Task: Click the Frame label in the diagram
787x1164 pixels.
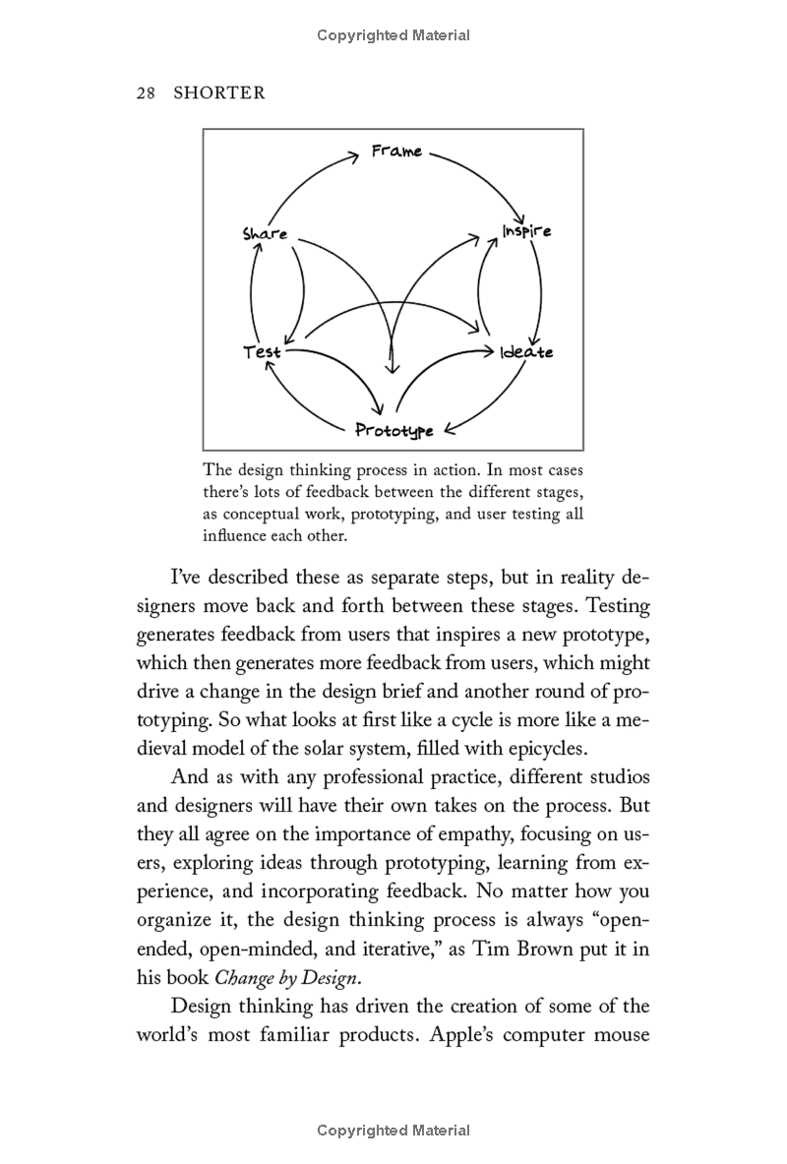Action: pos(396,152)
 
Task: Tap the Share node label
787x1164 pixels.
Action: pos(265,234)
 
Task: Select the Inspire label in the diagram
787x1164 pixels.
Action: pos(526,231)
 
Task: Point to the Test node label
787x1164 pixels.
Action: pos(262,351)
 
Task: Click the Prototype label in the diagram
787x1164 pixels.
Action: pos(394,430)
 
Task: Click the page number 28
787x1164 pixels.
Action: pos(147,93)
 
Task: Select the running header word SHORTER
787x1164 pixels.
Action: pos(219,93)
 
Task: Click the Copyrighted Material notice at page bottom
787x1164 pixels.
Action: pos(393,1131)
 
